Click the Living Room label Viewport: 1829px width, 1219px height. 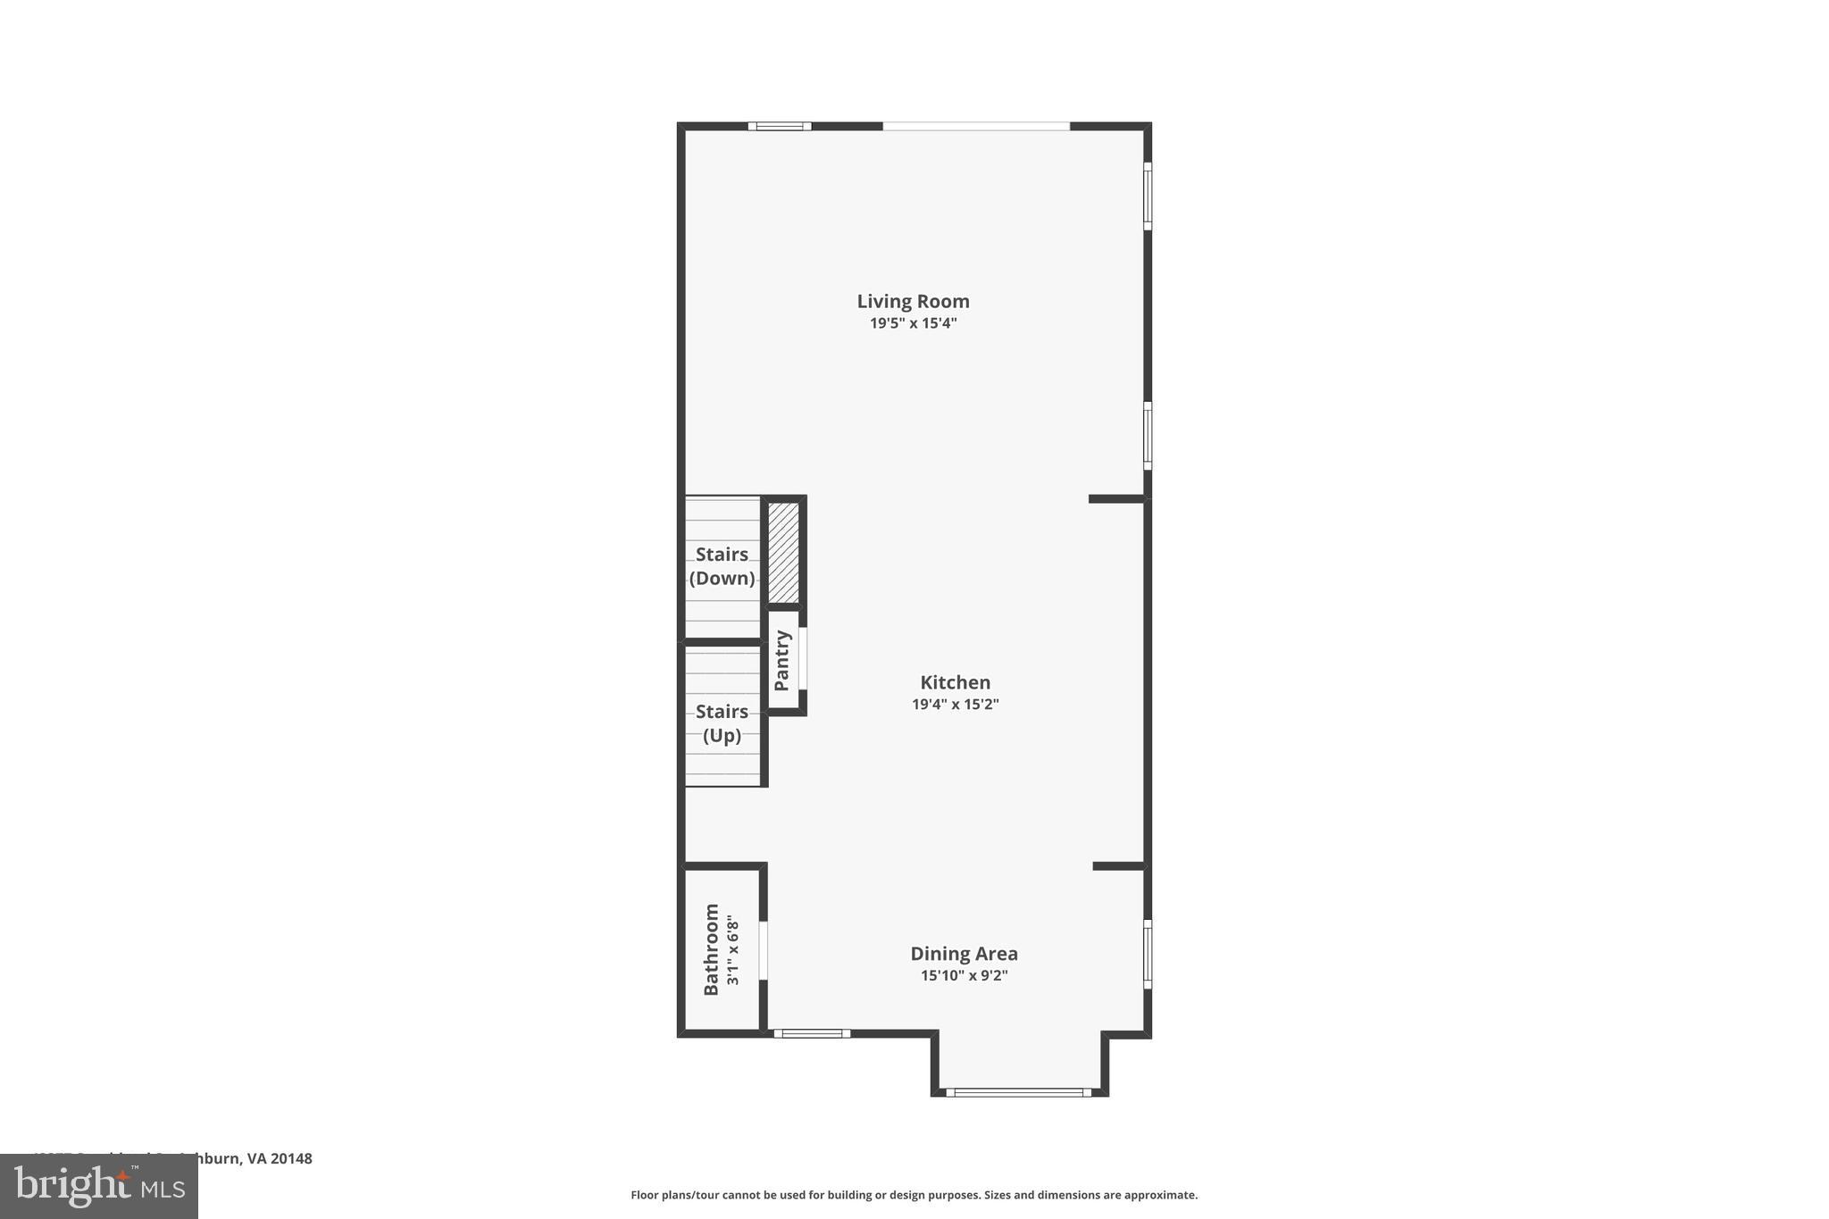pos(913,302)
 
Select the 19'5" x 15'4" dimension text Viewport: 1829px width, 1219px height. pos(913,323)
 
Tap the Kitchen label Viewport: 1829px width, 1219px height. pos(955,682)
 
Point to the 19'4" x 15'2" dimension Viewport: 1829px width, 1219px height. pos(955,704)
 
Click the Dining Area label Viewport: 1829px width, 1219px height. pos(964,954)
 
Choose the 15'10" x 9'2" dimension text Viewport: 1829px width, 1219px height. pos(964,975)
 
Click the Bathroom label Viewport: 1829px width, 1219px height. pos(712,948)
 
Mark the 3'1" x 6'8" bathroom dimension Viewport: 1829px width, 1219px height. pos(733,949)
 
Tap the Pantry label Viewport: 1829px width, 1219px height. pos(782,660)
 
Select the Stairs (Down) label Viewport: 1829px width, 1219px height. pos(722,566)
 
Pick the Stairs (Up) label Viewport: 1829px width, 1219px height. pos(722,723)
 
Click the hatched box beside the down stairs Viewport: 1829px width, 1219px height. pos(783,552)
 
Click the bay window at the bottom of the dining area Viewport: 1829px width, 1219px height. pos(1018,1091)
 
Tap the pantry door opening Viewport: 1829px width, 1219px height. pos(803,658)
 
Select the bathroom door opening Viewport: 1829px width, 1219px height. pos(764,950)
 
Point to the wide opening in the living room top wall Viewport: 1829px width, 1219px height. pos(976,127)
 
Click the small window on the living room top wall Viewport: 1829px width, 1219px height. pos(780,127)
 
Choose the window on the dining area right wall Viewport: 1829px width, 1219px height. pos(1148,954)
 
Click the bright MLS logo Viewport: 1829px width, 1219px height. pos(99,1186)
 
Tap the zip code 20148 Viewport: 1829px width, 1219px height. pos(291,1158)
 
